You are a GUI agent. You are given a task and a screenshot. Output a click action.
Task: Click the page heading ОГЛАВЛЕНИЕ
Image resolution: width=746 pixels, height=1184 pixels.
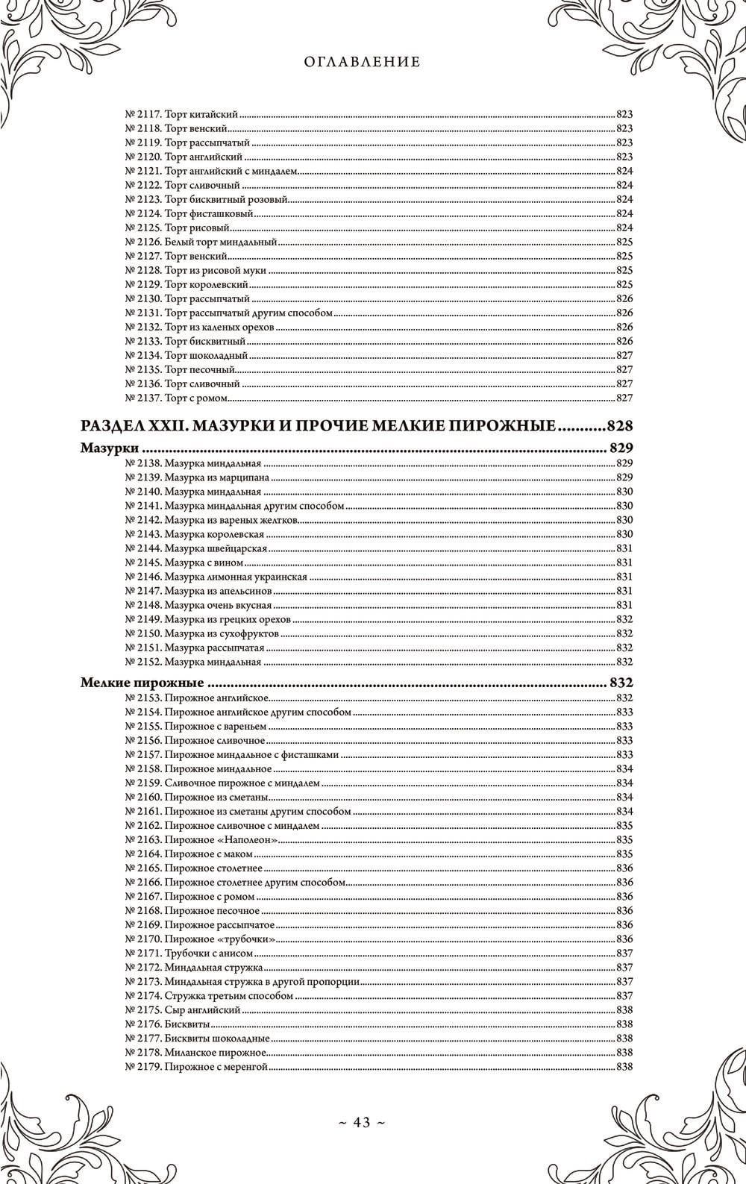pyautogui.click(x=363, y=62)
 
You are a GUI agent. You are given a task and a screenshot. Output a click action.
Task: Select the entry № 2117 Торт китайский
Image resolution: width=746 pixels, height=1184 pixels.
pyautogui.click(x=181, y=115)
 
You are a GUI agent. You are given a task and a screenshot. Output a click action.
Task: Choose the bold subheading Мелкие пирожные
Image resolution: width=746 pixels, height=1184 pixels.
pyautogui.click(x=142, y=683)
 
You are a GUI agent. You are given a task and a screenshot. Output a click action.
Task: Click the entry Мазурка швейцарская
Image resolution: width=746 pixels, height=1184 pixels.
pyautogui.click(x=216, y=548)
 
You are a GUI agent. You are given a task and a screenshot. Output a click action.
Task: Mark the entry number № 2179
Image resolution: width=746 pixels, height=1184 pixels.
pyautogui.click(x=142, y=1066)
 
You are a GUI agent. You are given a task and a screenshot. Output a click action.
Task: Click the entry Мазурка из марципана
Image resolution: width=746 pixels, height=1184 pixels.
pyautogui.click(x=217, y=477)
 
